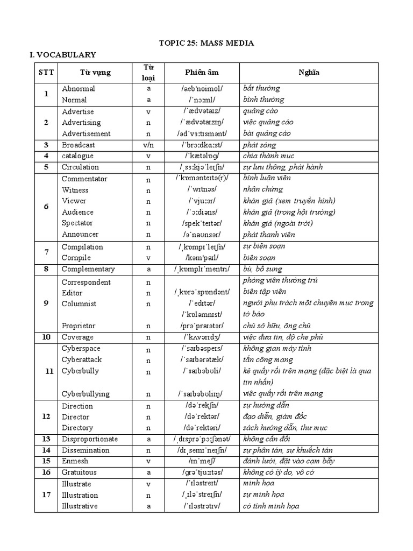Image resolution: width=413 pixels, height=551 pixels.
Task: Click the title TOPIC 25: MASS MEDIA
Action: pos(206,43)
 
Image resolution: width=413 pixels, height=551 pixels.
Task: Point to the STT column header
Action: pos(46,72)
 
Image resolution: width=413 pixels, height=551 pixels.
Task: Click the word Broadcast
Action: pos(79,145)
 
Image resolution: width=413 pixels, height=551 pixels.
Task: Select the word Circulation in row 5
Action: pos(80,167)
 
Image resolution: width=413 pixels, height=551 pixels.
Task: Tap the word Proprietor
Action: pos(79,326)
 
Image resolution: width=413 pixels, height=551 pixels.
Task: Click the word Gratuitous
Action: pos(79,472)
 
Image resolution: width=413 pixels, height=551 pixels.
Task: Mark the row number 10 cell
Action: pos(46,337)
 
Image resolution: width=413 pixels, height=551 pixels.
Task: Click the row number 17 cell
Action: pos(46,495)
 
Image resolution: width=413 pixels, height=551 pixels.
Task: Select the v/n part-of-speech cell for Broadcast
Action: pos(148,145)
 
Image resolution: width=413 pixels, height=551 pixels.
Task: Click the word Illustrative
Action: pos(80,506)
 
